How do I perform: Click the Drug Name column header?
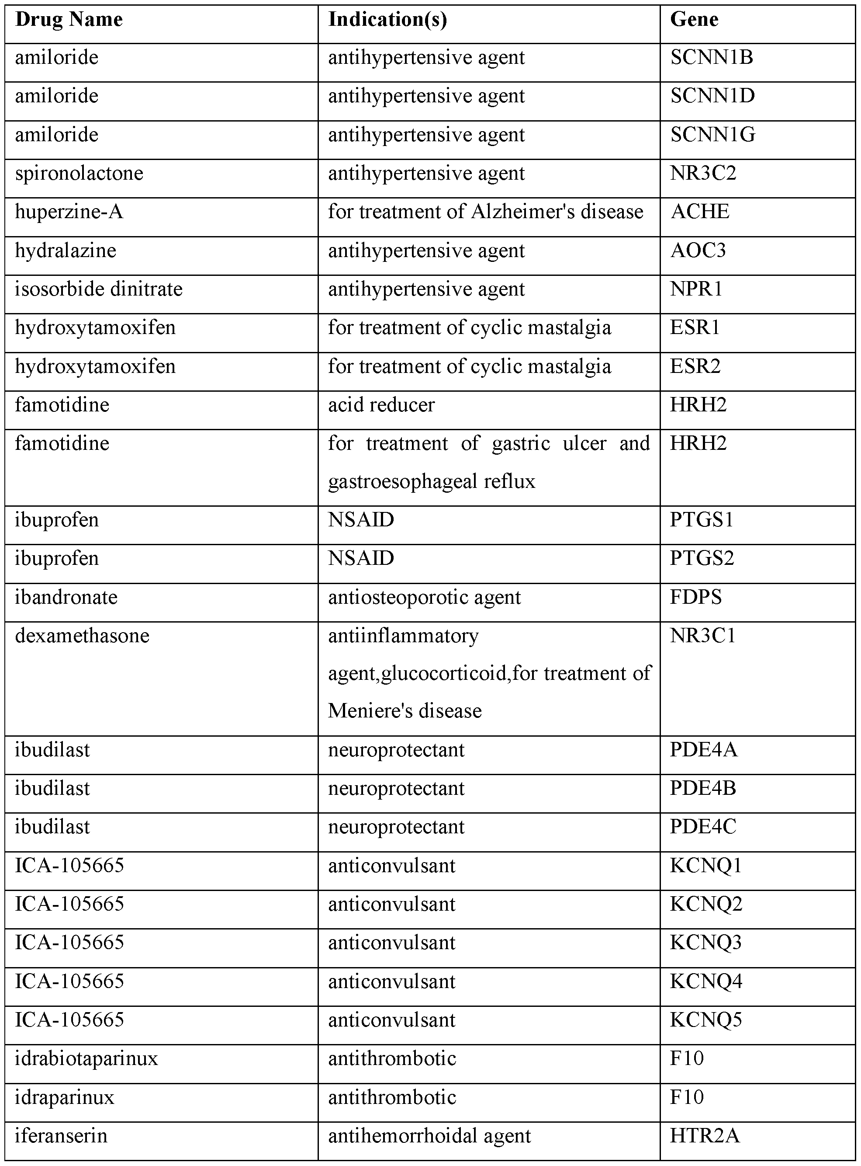click(x=68, y=20)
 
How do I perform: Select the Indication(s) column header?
click(x=387, y=20)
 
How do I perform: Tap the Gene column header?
click(x=694, y=20)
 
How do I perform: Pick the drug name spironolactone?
click(x=79, y=174)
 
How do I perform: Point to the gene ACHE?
click(x=699, y=212)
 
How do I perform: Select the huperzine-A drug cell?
click(x=69, y=212)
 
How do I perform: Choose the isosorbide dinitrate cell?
click(x=98, y=289)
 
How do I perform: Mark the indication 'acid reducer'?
click(x=381, y=405)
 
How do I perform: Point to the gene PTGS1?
click(x=702, y=520)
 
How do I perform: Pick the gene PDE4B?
click(x=702, y=788)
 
